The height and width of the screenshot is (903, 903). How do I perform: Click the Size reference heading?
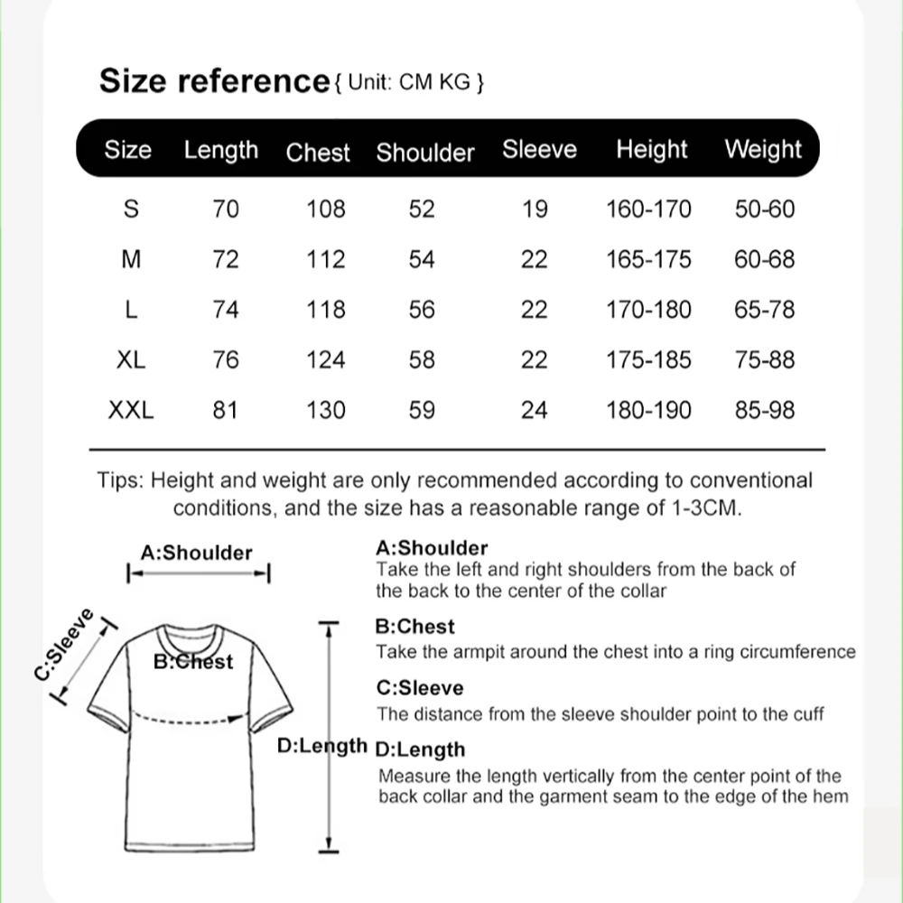point(214,81)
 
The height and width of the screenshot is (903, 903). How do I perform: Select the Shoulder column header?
point(424,152)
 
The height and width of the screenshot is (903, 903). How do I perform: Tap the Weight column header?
point(762,150)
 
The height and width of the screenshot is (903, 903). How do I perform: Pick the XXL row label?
point(131,410)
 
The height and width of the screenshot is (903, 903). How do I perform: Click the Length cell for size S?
point(225,209)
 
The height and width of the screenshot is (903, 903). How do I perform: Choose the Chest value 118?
point(326,310)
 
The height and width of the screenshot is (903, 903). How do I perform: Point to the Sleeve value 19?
point(535,209)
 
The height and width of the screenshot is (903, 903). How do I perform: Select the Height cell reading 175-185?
point(647,359)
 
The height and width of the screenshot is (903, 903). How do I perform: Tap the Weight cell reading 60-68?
point(764,260)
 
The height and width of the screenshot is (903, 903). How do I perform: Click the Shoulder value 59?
point(422,410)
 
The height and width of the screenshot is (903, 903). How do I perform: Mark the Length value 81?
point(225,410)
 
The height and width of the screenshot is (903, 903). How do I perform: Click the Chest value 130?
point(326,410)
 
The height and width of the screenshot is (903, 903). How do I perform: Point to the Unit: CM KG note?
point(410,83)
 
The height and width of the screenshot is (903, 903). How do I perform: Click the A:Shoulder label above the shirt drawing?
point(196,553)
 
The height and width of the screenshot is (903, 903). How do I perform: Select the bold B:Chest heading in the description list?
point(414,627)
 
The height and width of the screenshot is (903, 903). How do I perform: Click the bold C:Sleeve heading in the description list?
point(419,688)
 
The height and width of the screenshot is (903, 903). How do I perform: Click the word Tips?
point(119,480)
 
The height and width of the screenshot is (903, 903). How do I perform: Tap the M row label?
point(131,260)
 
